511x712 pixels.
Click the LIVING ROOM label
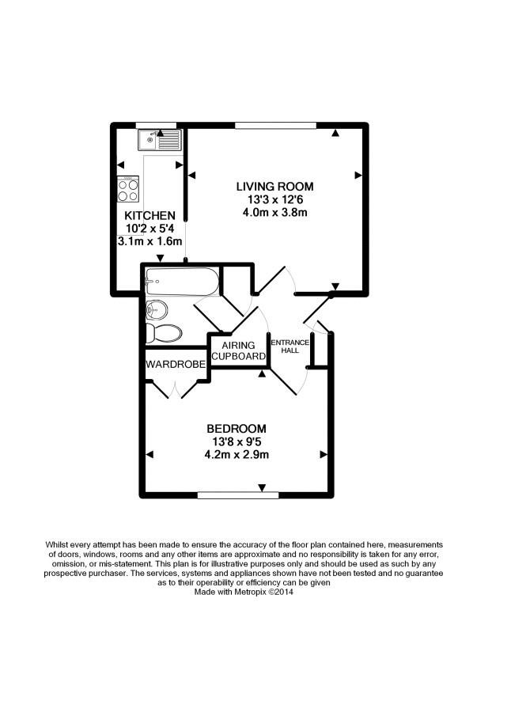274,187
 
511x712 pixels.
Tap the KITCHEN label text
150,215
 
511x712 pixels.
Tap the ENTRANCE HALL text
290,346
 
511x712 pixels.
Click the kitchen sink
159,140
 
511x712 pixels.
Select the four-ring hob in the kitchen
128,190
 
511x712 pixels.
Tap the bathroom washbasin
157,309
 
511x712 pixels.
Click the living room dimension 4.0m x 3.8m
274,212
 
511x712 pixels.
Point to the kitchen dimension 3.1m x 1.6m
150,241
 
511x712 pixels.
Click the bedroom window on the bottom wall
237,495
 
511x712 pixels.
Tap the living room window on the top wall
275,125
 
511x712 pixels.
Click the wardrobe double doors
176,388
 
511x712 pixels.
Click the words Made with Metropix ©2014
244,589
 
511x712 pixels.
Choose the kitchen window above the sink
156,125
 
